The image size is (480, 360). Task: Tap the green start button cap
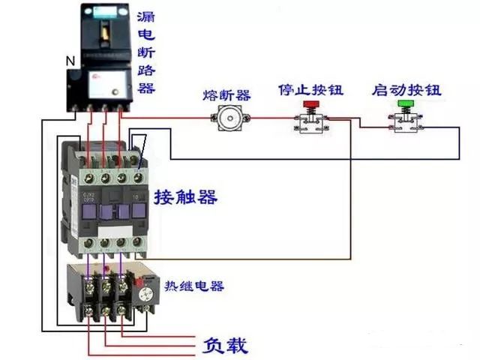click(406, 104)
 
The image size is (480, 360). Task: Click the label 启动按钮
click(406, 90)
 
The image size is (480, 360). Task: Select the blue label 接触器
click(185, 198)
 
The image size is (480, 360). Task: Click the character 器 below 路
click(147, 88)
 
